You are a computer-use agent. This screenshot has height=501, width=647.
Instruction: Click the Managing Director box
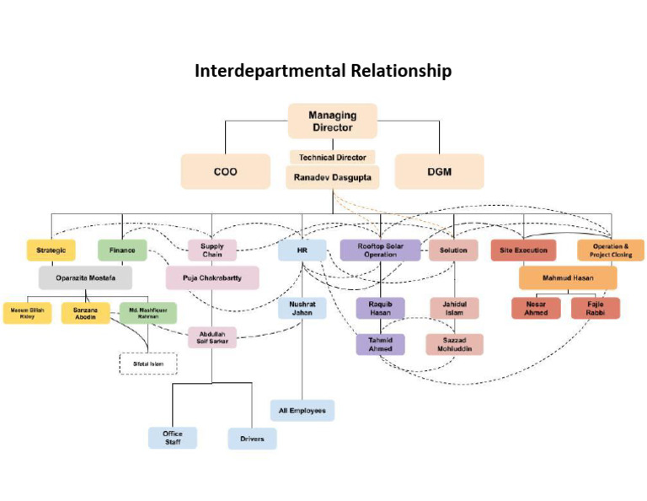332,121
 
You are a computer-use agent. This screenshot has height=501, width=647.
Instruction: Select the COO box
225,171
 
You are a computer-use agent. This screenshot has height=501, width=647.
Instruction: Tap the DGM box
439,171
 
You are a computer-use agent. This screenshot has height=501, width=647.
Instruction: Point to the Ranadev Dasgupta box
332,177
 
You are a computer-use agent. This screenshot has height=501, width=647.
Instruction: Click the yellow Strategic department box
51,250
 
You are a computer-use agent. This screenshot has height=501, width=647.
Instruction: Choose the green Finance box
122,250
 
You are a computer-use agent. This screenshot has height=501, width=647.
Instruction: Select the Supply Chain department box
212,250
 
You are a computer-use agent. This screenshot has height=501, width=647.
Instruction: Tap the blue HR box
302,250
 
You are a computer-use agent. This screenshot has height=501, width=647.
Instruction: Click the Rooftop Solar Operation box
380,250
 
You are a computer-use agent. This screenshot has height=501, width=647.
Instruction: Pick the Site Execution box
523,250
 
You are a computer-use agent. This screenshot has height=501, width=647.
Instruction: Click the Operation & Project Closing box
611,250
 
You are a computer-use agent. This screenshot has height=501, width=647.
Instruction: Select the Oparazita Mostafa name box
85,278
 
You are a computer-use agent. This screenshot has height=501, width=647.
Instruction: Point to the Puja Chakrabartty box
212,278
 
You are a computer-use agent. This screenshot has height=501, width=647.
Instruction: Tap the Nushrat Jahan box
302,308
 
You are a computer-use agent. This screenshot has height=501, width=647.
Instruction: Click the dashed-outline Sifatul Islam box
147,364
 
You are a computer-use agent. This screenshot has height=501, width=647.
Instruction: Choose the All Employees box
302,411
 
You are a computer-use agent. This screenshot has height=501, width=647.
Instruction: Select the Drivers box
252,439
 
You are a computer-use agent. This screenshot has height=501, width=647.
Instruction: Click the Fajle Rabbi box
595,308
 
